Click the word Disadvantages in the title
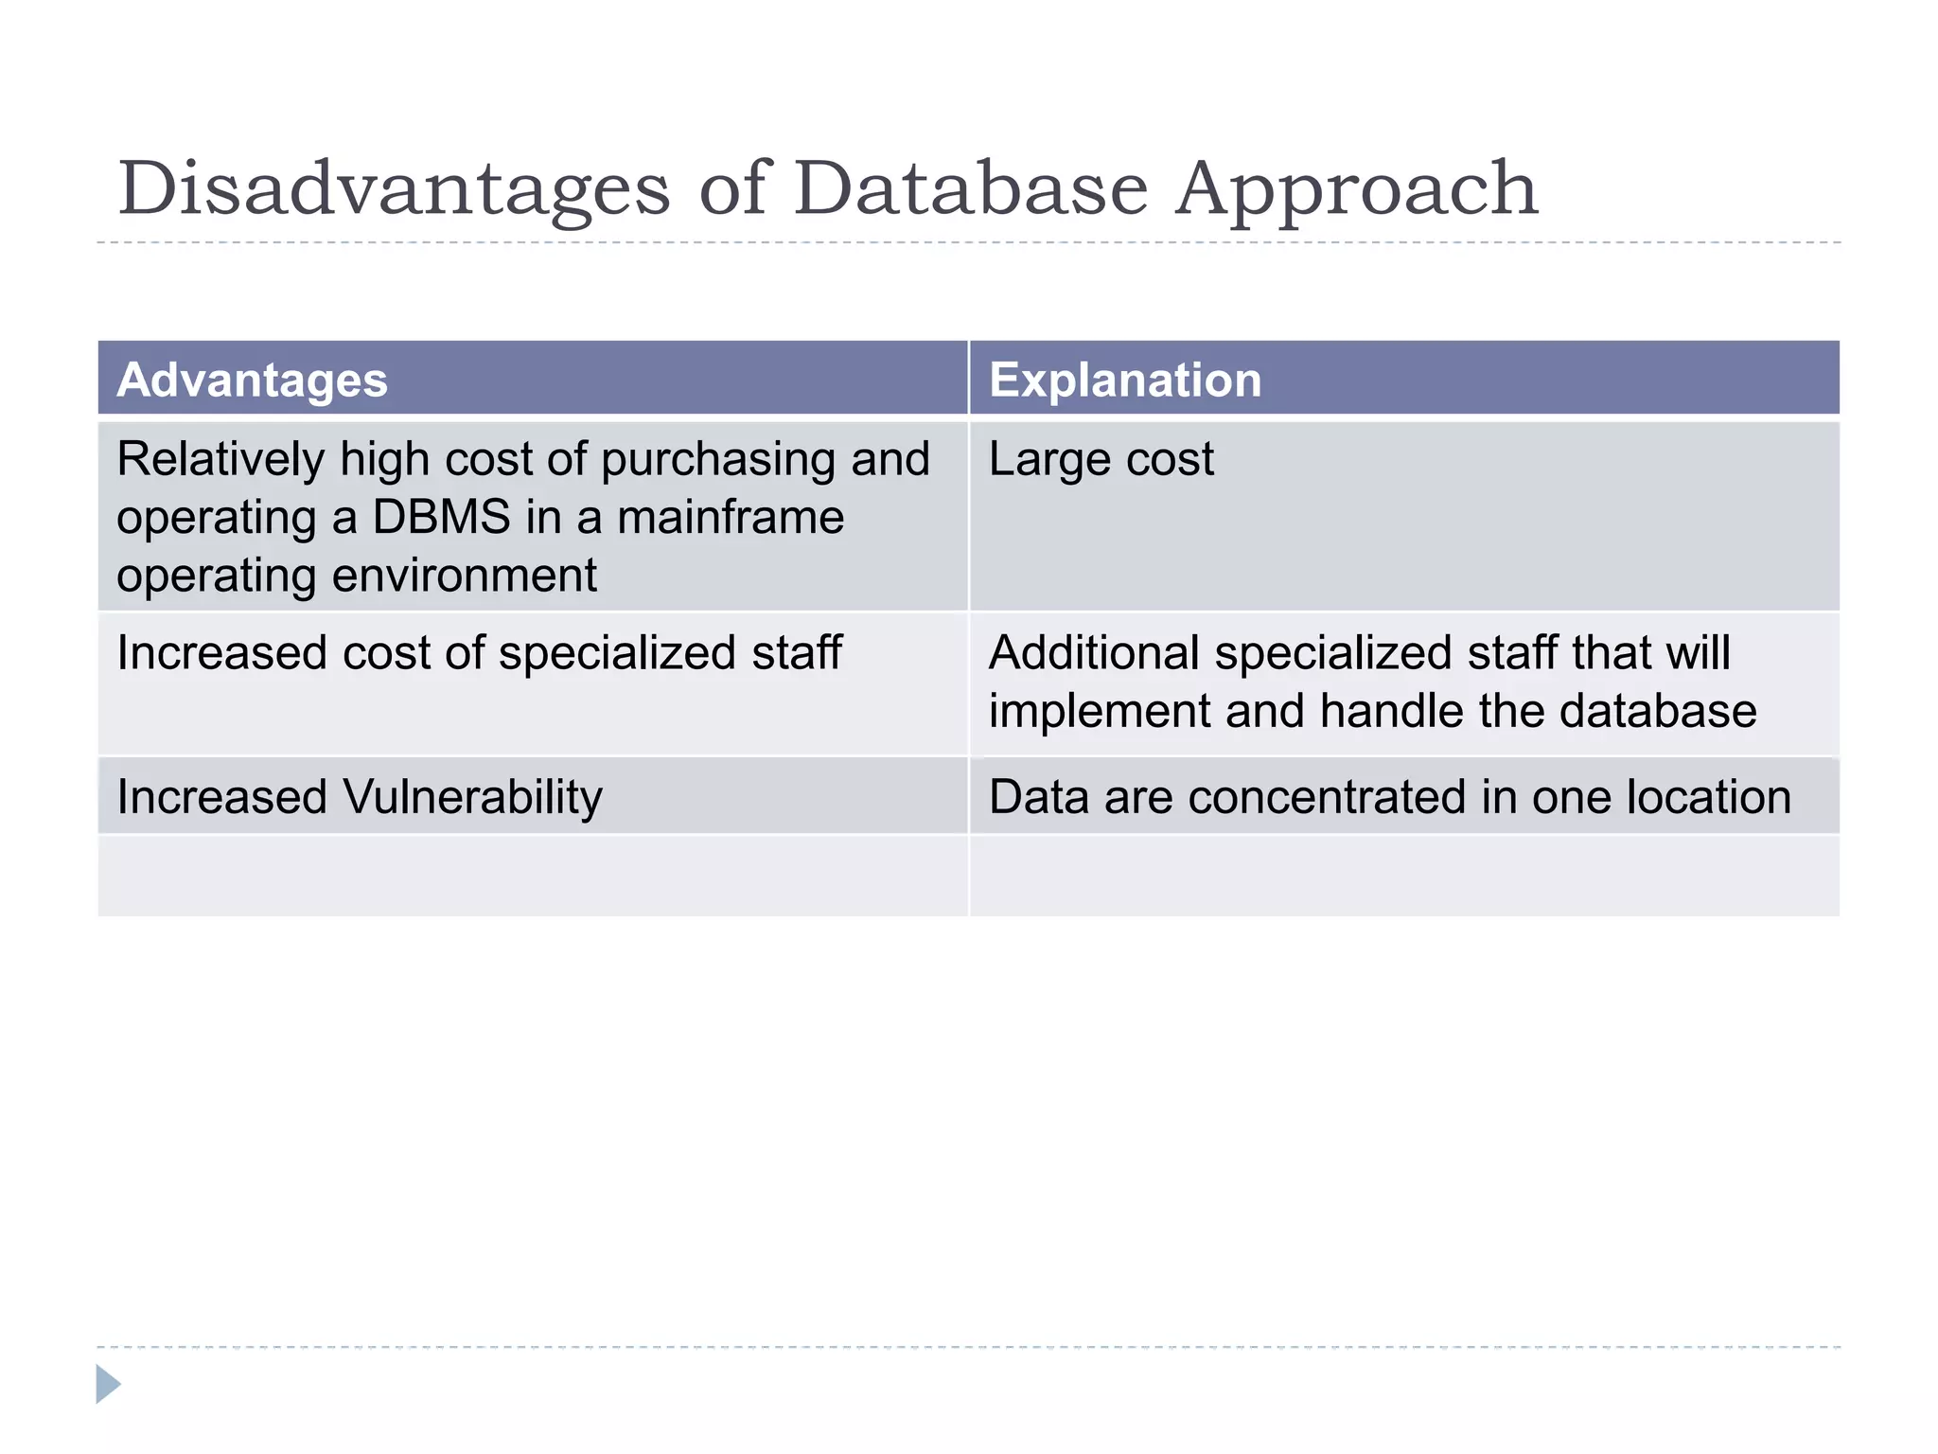(394, 189)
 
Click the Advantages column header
(252, 381)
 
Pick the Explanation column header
(1125, 381)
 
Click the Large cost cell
(1101, 460)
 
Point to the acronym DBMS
(441, 518)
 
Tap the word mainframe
(730, 518)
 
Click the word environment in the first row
(464, 576)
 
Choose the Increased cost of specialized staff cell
(479, 654)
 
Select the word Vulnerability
(472, 798)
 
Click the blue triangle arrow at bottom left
(108, 1384)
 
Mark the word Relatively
(220, 461)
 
